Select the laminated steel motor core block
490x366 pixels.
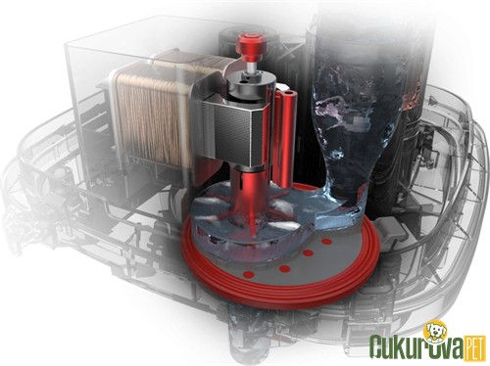click(232, 132)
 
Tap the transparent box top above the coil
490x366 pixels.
click(147, 39)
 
